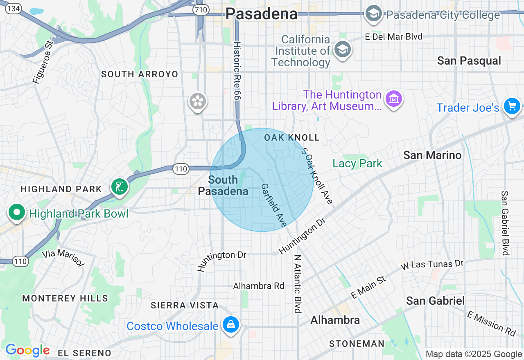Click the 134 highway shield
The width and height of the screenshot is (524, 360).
(14, 9)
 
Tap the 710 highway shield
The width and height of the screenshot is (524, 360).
(201, 10)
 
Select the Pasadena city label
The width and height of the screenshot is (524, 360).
(261, 14)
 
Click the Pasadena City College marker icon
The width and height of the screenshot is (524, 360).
(373, 14)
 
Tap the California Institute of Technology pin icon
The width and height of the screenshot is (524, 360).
(342, 49)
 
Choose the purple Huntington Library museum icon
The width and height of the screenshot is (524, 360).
(394, 99)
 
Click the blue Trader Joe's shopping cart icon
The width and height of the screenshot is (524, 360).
(512, 106)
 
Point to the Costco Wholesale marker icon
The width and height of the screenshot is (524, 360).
(230, 325)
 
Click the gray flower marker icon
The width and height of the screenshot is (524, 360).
(198, 101)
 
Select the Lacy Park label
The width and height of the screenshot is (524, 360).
(357, 164)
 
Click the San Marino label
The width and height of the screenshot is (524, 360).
(432, 155)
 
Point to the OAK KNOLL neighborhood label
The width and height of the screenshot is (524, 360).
(291, 137)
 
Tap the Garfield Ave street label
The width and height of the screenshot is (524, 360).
(273, 205)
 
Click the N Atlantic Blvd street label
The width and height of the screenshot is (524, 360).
(298, 284)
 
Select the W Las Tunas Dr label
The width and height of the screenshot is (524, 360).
(432, 264)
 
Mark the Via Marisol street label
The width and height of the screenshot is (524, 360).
(63, 258)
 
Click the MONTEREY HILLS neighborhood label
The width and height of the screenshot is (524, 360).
(65, 298)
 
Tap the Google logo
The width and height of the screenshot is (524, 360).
(27, 350)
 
